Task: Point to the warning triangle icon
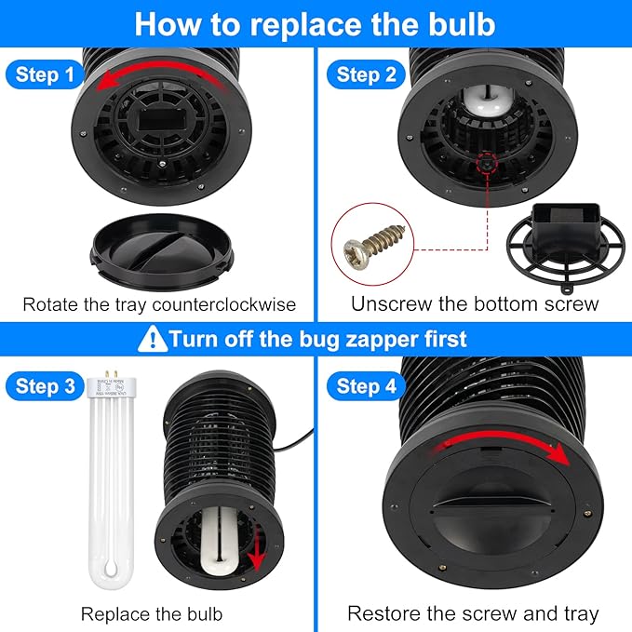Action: (151, 338)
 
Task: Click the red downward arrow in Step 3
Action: (256, 556)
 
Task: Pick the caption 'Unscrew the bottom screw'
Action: (475, 304)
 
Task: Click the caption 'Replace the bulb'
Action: (152, 613)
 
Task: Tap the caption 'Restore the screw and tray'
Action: (473, 613)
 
